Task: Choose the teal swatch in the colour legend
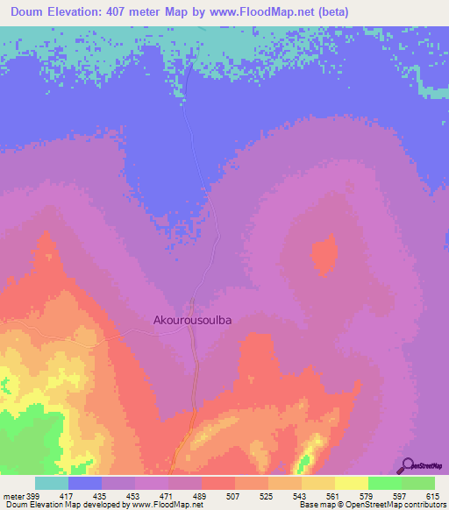pos(52,483)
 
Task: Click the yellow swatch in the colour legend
pos(351,483)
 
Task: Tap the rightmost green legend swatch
pos(417,483)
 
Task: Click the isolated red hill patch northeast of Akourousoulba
pos(324,254)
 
